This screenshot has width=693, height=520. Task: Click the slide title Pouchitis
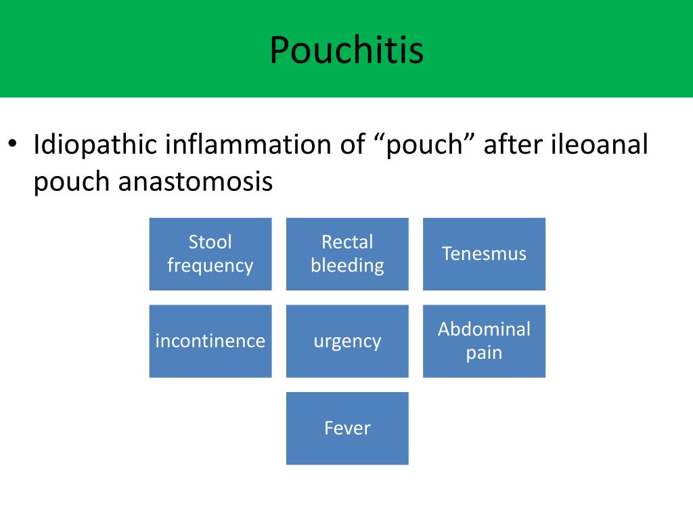coord(346,50)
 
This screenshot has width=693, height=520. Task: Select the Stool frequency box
coord(210,254)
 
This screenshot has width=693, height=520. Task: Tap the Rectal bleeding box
coord(347,254)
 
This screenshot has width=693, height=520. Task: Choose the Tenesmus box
coord(484,254)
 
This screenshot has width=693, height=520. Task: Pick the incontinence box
coord(210,341)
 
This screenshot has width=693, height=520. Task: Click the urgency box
coord(347,341)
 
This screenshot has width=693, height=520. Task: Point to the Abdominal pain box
coord(484,341)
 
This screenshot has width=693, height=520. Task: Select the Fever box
coord(347,428)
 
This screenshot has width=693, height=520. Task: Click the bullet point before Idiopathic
coord(12,145)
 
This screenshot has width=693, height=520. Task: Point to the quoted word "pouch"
coord(424,145)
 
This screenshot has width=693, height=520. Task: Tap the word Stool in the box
coord(210,242)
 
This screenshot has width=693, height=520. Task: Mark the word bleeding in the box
coord(347,265)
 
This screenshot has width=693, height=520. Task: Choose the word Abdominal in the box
coord(484,329)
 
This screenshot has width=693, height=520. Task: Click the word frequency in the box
coord(210,265)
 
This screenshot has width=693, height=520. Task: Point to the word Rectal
coord(347,242)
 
